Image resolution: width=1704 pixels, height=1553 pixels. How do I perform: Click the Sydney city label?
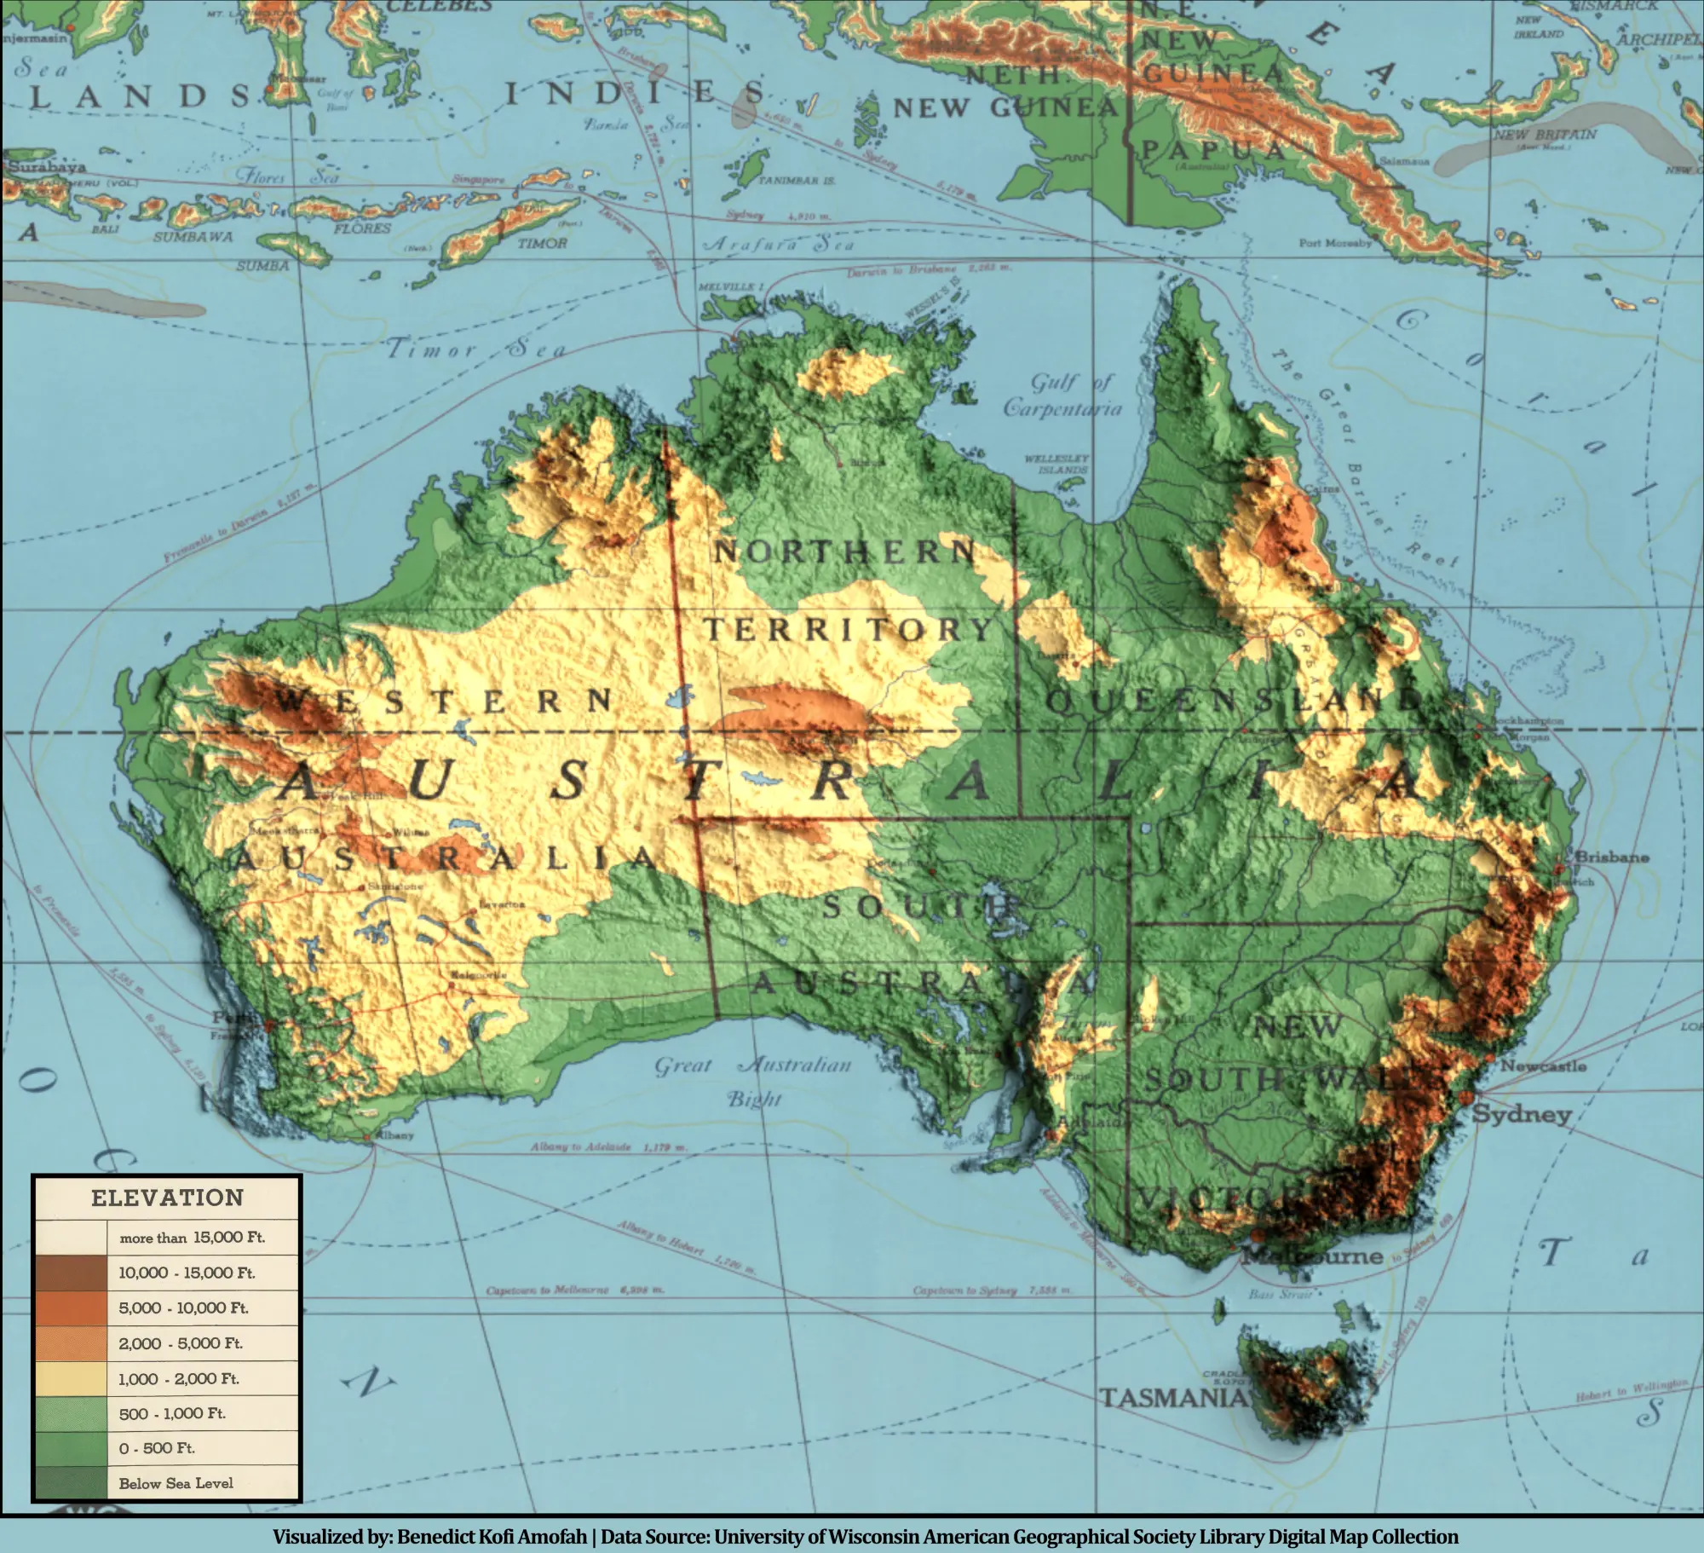[1522, 1114]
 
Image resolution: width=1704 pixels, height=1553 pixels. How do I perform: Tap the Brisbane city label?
[1611, 857]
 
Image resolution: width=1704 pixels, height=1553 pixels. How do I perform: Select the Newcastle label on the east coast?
[1543, 1066]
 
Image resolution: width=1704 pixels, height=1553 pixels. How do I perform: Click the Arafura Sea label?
[777, 244]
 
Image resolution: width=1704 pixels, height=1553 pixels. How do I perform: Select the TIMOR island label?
[542, 243]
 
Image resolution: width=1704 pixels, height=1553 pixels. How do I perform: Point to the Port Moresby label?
[1335, 243]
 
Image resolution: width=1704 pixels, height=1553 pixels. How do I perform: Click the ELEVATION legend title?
[167, 1198]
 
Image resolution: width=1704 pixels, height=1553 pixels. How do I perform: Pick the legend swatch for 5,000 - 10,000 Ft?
[71, 1308]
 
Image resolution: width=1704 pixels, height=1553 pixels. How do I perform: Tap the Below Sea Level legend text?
[176, 1483]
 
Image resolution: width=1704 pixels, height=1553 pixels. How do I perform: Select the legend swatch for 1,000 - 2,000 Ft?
[71, 1378]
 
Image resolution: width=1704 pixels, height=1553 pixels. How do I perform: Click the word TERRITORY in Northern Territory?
[849, 630]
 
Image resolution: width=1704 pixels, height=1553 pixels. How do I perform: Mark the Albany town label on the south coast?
[394, 1134]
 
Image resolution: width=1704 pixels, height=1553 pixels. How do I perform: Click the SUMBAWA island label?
[193, 236]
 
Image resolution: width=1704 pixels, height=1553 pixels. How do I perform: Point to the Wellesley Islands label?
[1056, 465]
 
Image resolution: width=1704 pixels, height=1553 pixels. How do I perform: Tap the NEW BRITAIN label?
[1545, 135]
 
